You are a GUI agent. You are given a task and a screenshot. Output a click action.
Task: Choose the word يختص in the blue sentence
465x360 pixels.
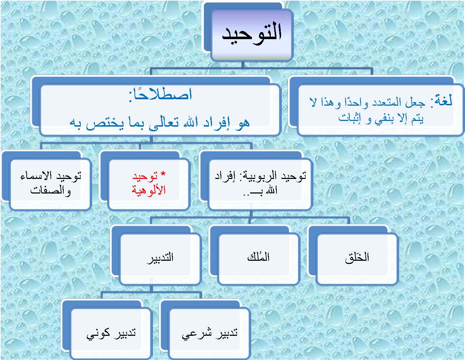point(105,124)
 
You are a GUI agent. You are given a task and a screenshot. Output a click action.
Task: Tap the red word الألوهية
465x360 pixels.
point(148,190)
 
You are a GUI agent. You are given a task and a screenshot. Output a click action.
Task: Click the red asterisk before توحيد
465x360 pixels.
point(163,174)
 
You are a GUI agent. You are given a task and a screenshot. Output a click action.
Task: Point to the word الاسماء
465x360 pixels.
point(36,176)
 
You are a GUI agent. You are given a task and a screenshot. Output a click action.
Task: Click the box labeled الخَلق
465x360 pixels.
point(357,259)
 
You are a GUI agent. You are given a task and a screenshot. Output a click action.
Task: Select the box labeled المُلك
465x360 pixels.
point(258,259)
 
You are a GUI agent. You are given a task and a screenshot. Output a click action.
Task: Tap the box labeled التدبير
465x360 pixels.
point(160,259)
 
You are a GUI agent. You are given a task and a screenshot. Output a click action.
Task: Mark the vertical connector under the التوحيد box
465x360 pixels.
point(243,65)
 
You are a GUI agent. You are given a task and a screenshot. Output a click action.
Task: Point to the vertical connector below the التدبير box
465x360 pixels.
point(152,288)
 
